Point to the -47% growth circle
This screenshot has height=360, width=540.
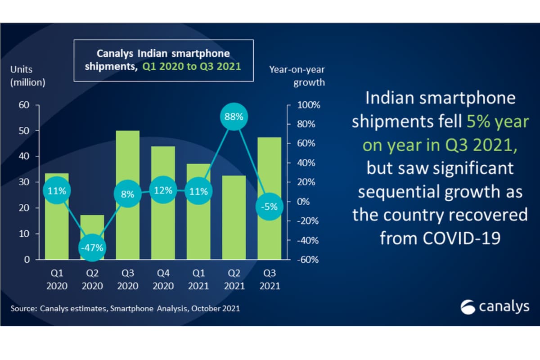click(92, 247)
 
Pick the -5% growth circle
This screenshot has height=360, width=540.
click(269, 207)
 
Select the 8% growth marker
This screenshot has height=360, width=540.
click(127, 194)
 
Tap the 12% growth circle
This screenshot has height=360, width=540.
click(163, 190)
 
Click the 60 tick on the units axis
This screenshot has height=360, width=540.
click(23, 105)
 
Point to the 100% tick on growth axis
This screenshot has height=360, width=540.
click(309, 105)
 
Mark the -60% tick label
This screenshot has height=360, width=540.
click(309, 260)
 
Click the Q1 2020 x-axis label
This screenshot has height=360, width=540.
click(57, 279)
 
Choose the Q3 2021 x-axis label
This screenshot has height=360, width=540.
click(269, 279)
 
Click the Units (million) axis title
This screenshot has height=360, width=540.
click(28, 76)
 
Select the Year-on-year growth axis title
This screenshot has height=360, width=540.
click(297, 76)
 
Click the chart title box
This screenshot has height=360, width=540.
click(163, 60)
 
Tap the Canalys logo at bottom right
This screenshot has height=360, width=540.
click(495, 307)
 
